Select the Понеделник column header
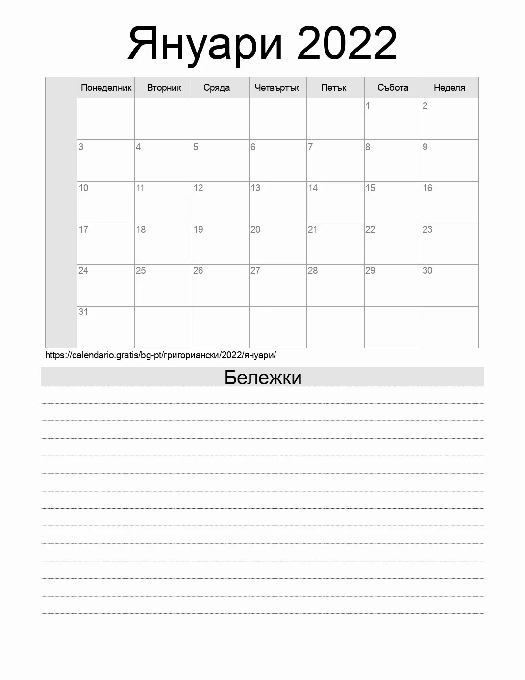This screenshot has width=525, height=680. click(106, 88)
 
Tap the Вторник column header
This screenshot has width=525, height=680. click(164, 88)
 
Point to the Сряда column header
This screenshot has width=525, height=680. click(217, 88)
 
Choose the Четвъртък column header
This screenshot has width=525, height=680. click(277, 88)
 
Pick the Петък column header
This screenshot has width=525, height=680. click(334, 88)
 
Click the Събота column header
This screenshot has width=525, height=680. click(393, 88)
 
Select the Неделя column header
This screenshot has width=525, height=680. click(449, 88)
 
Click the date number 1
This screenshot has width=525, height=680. click(368, 105)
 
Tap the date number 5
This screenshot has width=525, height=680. click(196, 147)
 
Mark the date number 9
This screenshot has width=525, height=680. click(425, 147)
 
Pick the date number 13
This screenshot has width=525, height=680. click(255, 188)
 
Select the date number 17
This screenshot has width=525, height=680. click(83, 229)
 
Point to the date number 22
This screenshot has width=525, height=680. click(370, 229)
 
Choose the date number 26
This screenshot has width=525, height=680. click(198, 270)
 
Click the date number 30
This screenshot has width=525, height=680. click(427, 270)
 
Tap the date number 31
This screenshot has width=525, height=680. click(83, 312)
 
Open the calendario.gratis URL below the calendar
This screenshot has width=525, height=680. click(160, 355)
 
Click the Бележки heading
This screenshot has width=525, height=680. click(263, 377)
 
